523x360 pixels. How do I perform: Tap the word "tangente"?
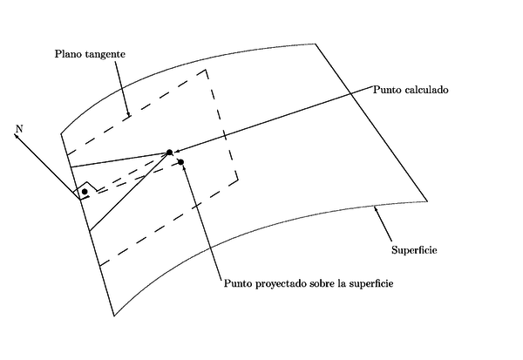[x=105, y=55]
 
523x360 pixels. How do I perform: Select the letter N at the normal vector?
[x=18, y=128]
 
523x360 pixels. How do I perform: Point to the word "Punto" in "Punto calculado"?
[x=388, y=90]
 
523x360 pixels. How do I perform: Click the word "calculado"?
[x=429, y=90]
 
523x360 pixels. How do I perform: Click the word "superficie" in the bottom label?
[x=370, y=284]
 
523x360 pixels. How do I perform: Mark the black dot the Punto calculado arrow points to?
[x=170, y=153]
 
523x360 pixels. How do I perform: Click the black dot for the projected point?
[x=180, y=162]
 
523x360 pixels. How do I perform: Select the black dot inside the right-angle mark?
[x=85, y=191]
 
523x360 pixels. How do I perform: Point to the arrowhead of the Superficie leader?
[x=375, y=207]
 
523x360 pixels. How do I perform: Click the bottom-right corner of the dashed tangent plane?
[x=238, y=183]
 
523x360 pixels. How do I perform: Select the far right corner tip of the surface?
[x=427, y=201]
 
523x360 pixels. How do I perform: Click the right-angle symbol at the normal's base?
[x=85, y=192]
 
